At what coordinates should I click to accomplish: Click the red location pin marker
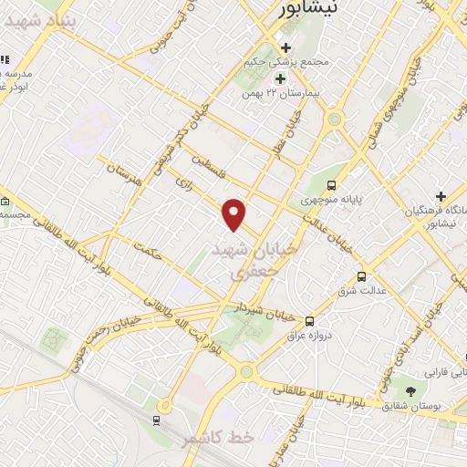[235, 213]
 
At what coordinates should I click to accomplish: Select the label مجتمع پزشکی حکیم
[285, 62]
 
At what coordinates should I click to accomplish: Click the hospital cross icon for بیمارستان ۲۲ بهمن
[279, 78]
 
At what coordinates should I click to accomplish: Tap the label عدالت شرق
[358, 291]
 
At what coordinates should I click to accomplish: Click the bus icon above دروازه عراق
[309, 321]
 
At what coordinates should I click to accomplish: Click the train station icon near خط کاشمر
[158, 420]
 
